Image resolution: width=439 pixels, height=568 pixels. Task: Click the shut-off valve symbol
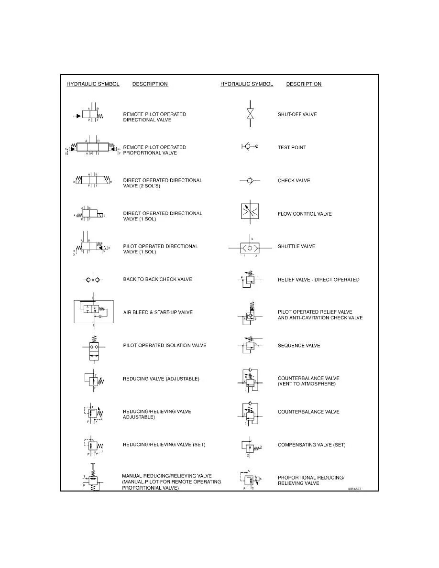(250, 114)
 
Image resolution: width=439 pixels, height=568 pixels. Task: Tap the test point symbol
(250, 147)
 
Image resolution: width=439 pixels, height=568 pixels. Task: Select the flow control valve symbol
(250, 213)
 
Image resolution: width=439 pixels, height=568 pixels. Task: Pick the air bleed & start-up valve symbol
(93, 311)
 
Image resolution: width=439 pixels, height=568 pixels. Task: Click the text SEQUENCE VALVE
(299, 346)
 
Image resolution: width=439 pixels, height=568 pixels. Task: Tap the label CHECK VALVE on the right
(294, 181)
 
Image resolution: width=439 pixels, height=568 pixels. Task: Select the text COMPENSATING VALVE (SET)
(311, 445)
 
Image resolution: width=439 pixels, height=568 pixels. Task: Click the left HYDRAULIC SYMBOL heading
(93, 84)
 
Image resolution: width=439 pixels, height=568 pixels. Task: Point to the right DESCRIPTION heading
(304, 84)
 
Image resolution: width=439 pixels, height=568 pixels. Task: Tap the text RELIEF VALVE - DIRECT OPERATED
(318, 280)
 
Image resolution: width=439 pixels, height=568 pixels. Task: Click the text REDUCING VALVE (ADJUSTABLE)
(161, 379)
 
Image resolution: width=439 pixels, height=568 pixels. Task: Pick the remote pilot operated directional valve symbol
(89, 115)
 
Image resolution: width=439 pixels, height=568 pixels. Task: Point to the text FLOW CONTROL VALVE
(305, 214)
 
